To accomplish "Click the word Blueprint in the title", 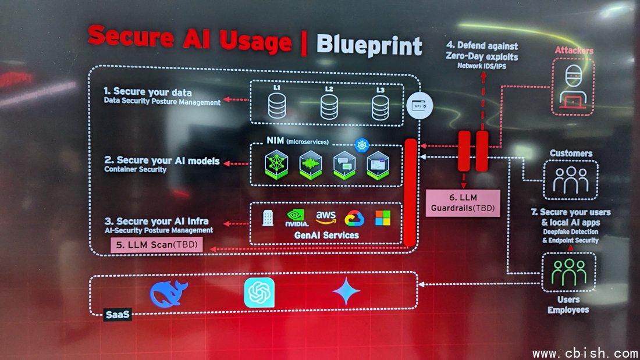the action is pos(369,45).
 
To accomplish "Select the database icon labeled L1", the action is pos(277,106).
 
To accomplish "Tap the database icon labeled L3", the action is pos(381,108).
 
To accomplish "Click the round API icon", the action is pos(419,106).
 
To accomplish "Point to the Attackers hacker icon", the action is pos(573,87).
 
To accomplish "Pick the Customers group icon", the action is pos(571,180).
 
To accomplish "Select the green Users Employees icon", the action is pos(568,272).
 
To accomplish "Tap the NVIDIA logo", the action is pos(297,218).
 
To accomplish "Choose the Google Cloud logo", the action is pos(354,218).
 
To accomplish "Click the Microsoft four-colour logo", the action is pos(383,218).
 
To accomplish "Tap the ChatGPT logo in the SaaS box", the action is pos(259,293).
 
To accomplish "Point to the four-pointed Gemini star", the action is pos(346,291).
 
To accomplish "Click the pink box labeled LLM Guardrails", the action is pos(463,203).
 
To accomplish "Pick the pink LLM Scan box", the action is pos(157,245).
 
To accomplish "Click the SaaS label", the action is pos(118,314).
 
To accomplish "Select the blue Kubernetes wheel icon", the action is pos(362,145).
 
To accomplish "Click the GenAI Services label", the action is pos(326,235).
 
